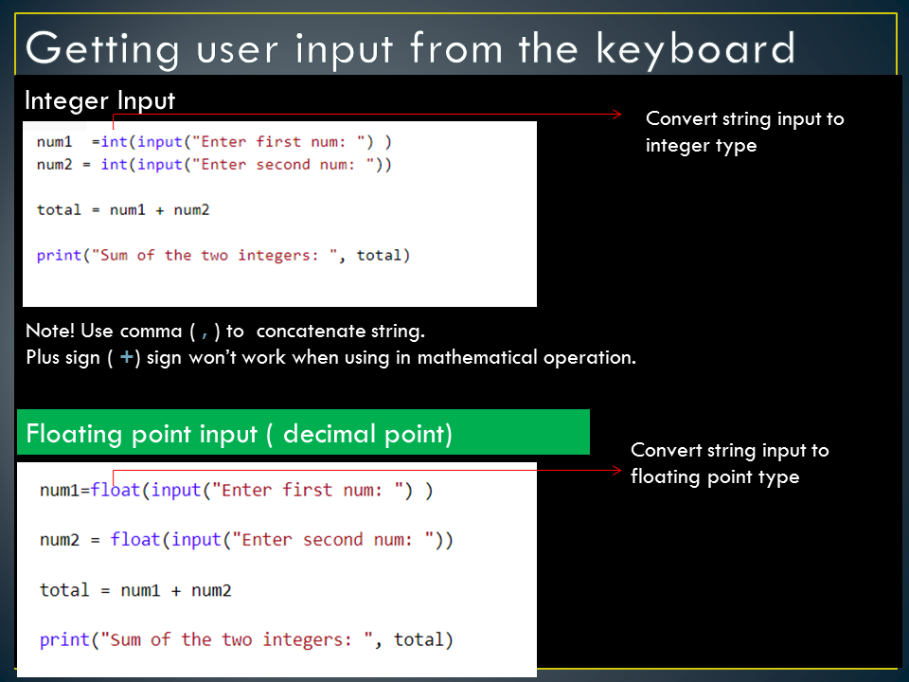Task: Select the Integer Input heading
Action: (99, 100)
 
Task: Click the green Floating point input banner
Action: (303, 434)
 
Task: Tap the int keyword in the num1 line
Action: (114, 141)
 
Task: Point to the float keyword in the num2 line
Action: (134, 540)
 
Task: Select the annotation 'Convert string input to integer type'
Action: (743, 132)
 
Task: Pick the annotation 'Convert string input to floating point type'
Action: (729, 463)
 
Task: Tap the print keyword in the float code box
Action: (63, 639)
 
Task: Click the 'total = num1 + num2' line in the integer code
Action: (123, 209)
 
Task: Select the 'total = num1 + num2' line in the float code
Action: (135, 590)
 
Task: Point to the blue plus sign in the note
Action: (126, 358)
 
